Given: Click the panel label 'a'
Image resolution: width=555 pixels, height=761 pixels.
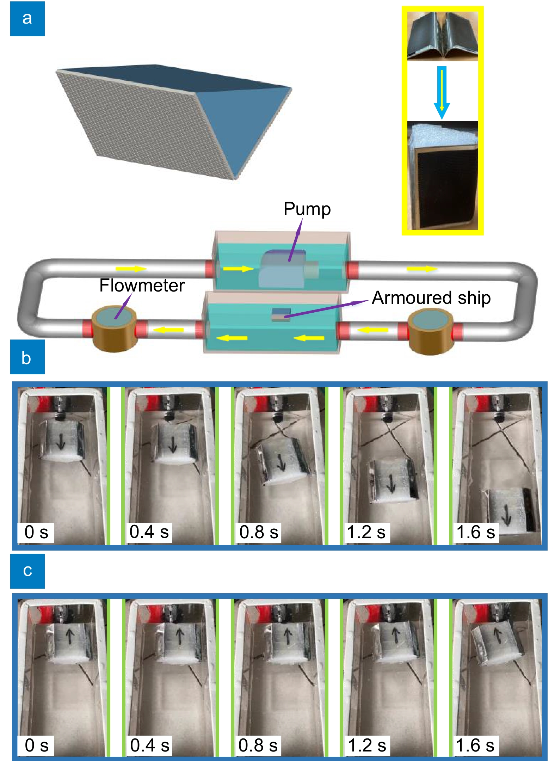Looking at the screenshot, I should [x=27, y=18].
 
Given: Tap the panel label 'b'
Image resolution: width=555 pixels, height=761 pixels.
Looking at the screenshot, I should [x=27, y=357].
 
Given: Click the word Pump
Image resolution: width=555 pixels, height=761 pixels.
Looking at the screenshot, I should [x=307, y=209].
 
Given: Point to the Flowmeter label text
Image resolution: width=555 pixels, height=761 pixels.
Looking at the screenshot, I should [x=142, y=285].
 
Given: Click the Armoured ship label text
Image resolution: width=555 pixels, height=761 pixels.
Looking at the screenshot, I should [x=431, y=298].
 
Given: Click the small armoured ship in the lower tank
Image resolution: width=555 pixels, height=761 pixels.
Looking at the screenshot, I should [x=281, y=314].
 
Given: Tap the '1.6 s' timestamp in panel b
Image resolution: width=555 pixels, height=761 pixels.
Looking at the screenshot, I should [x=476, y=532].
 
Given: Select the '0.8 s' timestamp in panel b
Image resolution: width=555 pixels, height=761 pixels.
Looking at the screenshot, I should [x=259, y=532].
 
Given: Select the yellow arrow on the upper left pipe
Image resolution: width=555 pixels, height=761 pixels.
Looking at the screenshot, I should [x=131, y=269].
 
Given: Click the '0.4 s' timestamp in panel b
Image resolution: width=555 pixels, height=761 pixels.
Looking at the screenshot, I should [x=149, y=532].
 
